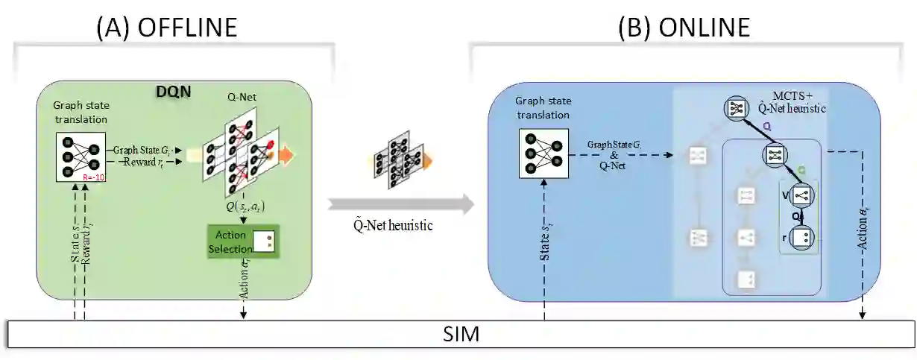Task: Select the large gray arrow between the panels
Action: click(400, 202)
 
